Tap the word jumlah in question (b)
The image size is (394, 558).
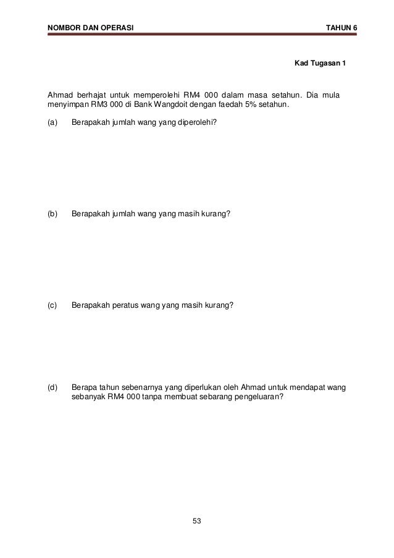125,214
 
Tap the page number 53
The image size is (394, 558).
197,522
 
